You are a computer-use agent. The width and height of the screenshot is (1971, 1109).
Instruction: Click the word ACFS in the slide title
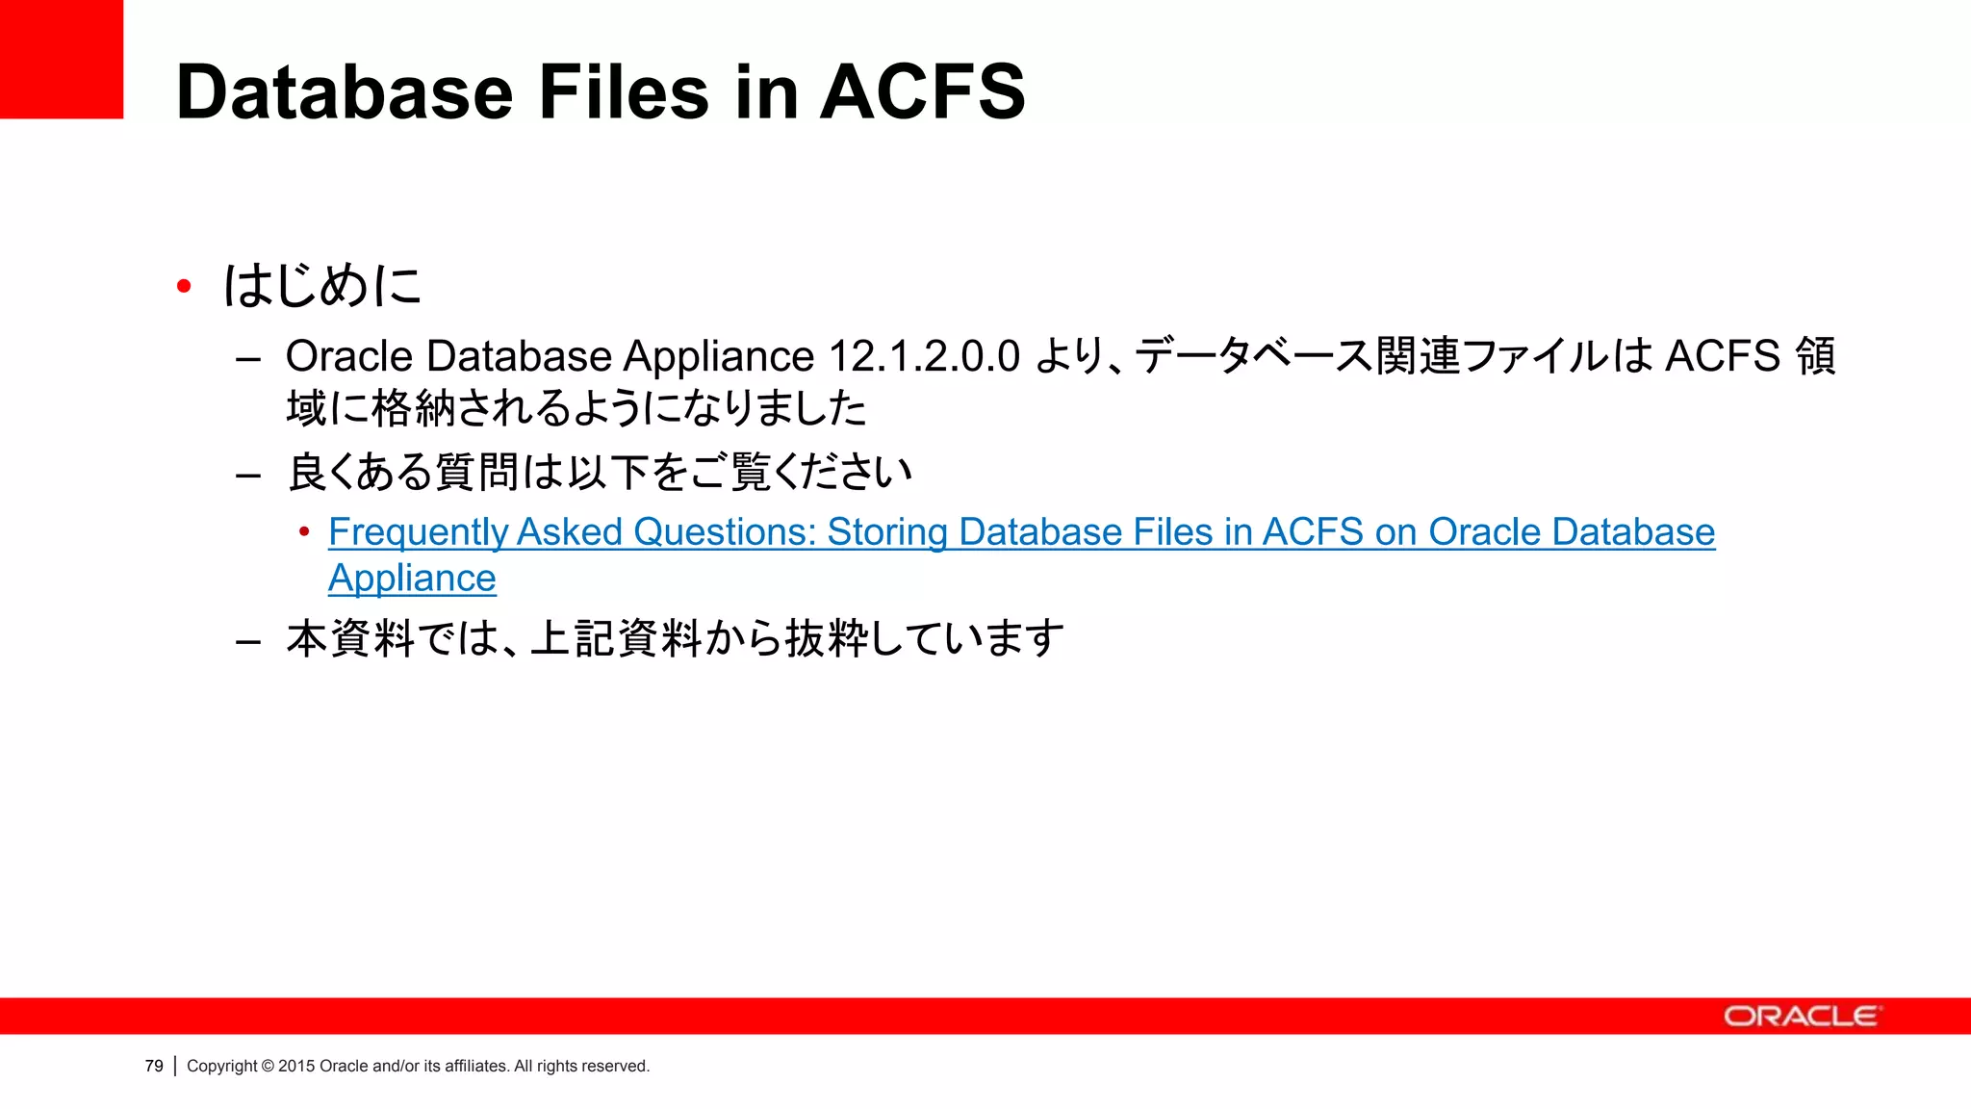click(x=922, y=92)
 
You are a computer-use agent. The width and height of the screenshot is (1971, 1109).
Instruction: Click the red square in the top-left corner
click(x=61, y=59)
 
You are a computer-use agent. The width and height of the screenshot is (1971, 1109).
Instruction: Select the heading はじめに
click(x=322, y=286)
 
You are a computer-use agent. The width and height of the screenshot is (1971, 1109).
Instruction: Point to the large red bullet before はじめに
click(x=184, y=286)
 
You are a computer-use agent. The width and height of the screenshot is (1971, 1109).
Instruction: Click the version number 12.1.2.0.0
click(x=923, y=356)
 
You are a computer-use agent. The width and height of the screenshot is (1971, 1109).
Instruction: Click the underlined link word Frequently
click(x=418, y=532)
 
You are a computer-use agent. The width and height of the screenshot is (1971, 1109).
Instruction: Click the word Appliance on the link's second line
click(x=412, y=579)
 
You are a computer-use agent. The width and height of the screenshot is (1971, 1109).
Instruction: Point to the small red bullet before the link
click(x=304, y=531)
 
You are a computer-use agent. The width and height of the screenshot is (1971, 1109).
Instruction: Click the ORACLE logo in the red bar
click(x=1800, y=1017)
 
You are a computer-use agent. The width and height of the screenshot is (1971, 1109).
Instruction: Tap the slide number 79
click(x=154, y=1066)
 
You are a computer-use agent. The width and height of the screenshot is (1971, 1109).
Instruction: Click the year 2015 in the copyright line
click(x=296, y=1066)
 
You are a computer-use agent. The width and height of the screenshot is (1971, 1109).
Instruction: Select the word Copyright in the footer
click(x=221, y=1066)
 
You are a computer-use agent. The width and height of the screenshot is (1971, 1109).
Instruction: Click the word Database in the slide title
click(x=345, y=92)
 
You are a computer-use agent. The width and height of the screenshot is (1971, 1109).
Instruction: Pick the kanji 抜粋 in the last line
click(x=827, y=638)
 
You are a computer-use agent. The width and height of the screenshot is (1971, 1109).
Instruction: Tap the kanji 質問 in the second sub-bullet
click(x=478, y=473)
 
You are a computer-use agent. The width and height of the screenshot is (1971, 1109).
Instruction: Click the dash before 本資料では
click(x=248, y=641)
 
